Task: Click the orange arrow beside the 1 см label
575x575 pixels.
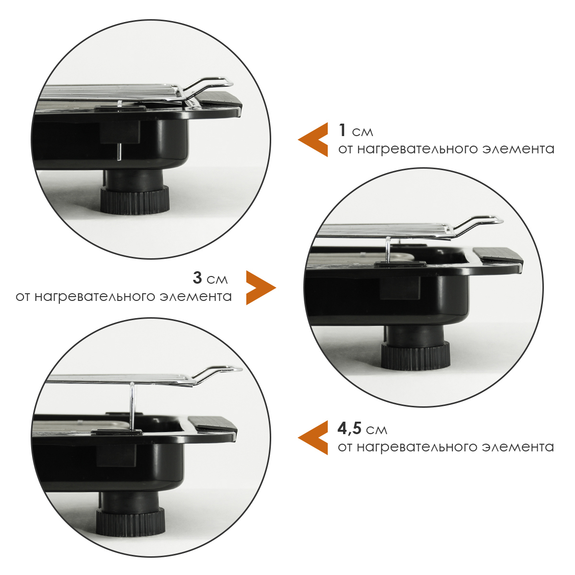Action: pyautogui.click(x=313, y=139)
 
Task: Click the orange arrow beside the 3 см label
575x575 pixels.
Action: pyautogui.click(x=261, y=287)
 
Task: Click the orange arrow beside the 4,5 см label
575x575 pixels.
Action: pyautogui.click(x=313, y=437)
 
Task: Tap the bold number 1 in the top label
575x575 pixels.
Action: pyautogui.click(x=343, y=130)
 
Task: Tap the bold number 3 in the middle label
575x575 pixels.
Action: pyautogui.click(x=197, y=277)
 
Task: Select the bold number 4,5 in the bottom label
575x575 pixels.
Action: pyautogui.click(x=350, y=429)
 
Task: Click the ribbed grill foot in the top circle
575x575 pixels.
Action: pyautogui.click(x=134, y=200)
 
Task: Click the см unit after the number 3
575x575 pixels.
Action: pyautogui.click(x=217, y=280)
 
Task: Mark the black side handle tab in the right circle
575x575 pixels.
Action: pyautogui.click(x=498, y=256)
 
